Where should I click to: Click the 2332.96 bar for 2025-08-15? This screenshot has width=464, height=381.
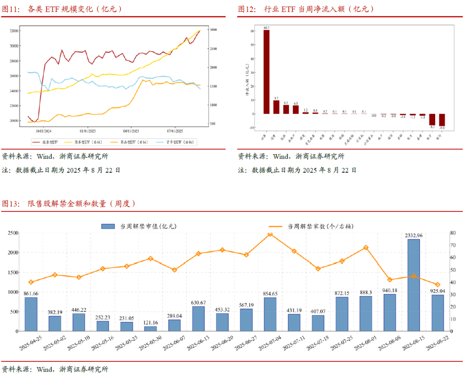click(x=413, y=285)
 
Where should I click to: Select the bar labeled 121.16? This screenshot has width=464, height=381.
click(x=150, y=329)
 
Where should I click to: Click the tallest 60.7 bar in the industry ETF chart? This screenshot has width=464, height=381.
click(x=266, y=72)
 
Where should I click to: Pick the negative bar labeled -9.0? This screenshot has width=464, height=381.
click(x=442, y=120)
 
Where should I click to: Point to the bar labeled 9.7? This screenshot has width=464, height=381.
click(x=276, y=107)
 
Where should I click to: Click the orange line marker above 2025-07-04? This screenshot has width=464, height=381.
click(x=270, y=234)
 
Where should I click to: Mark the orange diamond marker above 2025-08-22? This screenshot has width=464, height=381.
click(x=437, y=285)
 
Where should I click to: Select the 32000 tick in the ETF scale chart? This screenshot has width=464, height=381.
click(x=14, y=31)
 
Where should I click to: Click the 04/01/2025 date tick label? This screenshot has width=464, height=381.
click(x=131, y=131)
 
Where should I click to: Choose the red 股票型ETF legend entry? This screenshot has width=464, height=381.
click(x=48, y=141)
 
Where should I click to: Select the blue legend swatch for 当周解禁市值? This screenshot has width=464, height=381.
click(x=108, y=226)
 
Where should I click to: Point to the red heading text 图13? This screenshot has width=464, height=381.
click(x=11, y=203)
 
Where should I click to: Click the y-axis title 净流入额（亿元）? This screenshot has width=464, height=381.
click(x=247, y=79)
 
